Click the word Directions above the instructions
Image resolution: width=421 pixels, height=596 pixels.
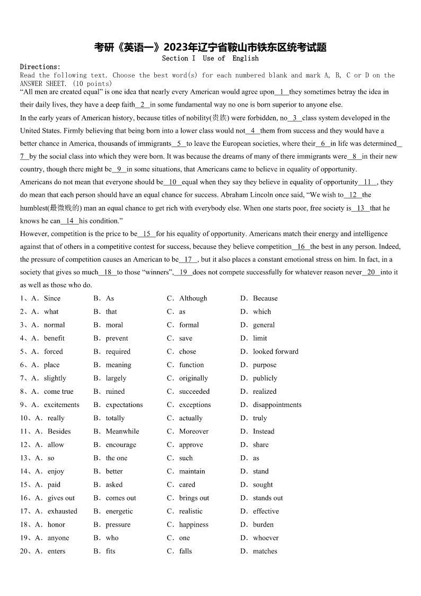[x=40, y=67]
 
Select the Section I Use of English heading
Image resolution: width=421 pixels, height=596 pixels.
[x=210, y=58]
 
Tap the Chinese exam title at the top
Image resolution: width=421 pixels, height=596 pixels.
[x=210, y=47]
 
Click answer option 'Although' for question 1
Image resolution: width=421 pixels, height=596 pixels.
[x=193, y=298]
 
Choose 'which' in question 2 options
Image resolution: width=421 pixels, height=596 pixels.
[x=262, y=312]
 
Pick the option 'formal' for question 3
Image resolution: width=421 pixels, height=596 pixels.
[x=189, y=325]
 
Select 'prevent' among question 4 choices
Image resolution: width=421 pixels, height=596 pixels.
[x=117, y=338]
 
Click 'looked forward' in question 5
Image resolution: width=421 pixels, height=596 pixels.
[x=275, y=351]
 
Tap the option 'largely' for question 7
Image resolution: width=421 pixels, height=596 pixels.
[x=116, y=378]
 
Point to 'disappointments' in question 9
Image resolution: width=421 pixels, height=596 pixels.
[x=277, y=405]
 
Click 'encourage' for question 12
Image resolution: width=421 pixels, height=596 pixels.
[x=121, y=445]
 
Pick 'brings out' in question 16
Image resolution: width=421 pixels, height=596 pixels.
[x=194, y=498]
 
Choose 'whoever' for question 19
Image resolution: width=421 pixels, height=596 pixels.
[x=266, y=538]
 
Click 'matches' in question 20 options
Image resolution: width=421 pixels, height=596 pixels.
[x=265, y=551]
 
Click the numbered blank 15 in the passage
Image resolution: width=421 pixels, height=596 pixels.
[x=146, y=234]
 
